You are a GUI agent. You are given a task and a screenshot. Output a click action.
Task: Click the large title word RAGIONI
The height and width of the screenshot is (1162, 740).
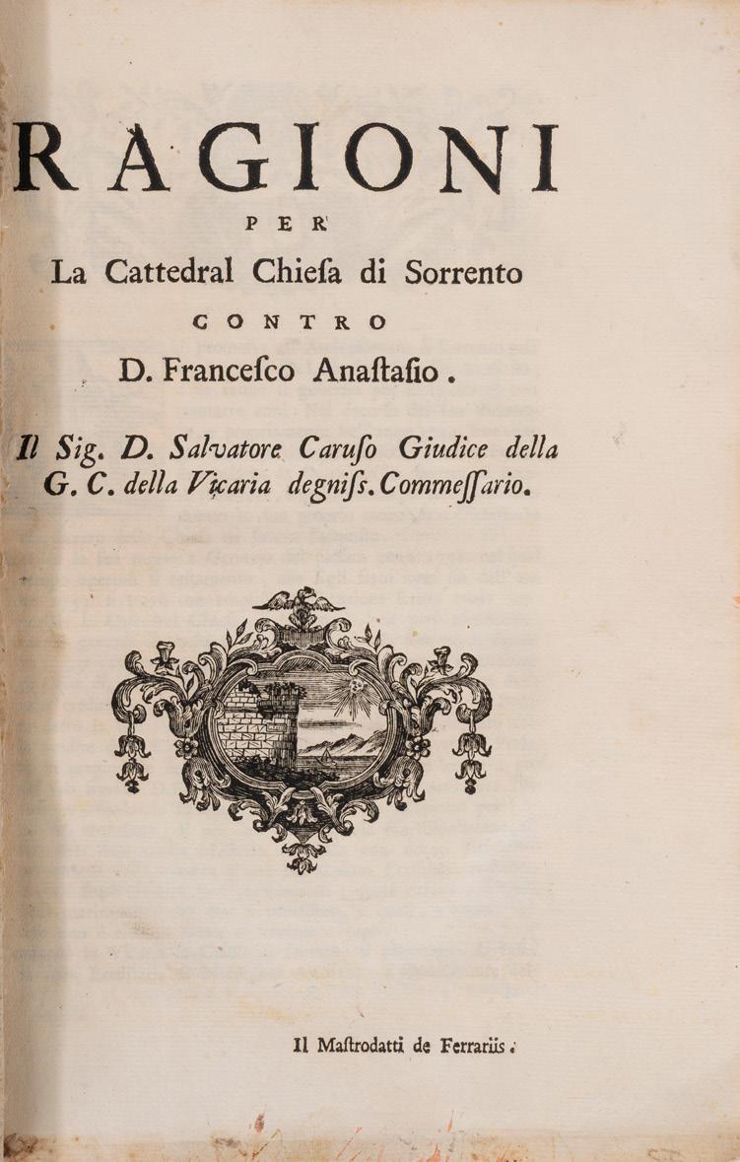point(286,158)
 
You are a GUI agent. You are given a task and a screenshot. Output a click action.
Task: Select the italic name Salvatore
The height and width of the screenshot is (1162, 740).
point(223,449)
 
